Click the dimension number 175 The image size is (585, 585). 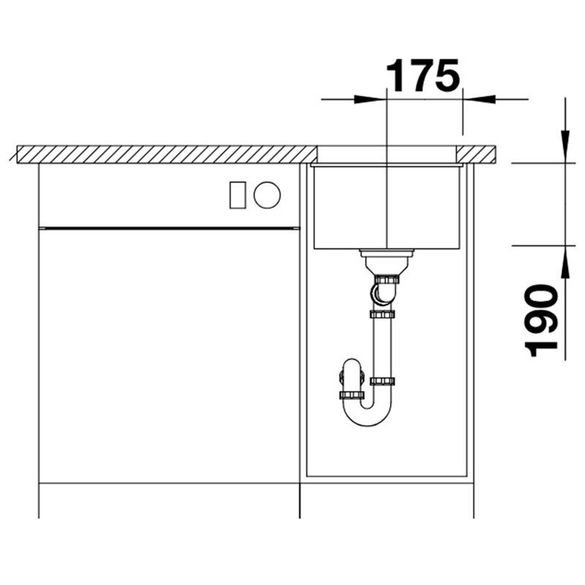pos(423,76)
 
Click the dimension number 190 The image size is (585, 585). pos(541,320)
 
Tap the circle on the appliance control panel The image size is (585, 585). pos(267,195)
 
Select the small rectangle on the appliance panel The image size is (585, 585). pos(238,195)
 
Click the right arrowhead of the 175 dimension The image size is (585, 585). pos(479,99)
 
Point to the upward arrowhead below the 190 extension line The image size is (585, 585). pos(565,263)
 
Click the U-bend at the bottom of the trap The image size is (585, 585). pos(368,416)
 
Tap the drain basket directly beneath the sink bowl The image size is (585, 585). pos(387,261)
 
